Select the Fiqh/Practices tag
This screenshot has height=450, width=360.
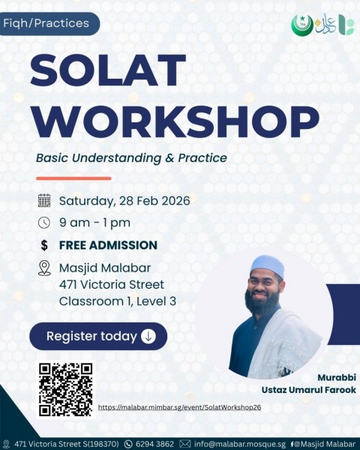coord(46,23)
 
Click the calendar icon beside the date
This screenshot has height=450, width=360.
coord(44,200)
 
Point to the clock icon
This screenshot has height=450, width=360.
coord(44,223)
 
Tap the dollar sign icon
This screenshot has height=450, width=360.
coord(44,245)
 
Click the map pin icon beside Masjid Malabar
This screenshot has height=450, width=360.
coord(44,268)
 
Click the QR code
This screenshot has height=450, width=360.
coord(65,389)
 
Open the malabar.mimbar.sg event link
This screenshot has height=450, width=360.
coord(179,407)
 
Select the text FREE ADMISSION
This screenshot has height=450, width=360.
coord(108,245)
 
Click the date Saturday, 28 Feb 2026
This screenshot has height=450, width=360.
coord(124,200)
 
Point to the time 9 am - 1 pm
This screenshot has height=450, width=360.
coord(94,223)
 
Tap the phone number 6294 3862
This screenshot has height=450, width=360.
coord(154,444)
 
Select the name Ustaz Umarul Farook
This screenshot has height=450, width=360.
coord(319,390)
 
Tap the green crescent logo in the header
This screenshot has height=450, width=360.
coord(301,25)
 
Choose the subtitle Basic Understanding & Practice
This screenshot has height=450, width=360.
coord(131,158)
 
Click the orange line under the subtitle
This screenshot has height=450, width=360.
coord(73,178)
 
